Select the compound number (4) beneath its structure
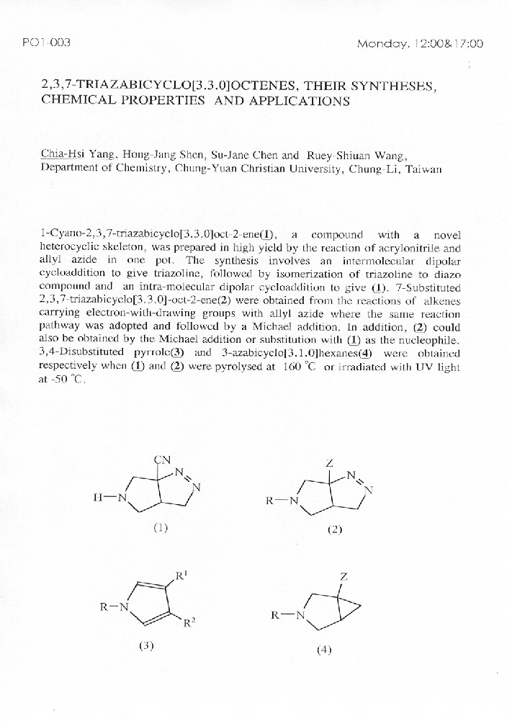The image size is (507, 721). point(324,650)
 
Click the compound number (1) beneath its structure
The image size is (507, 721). point(160,528)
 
